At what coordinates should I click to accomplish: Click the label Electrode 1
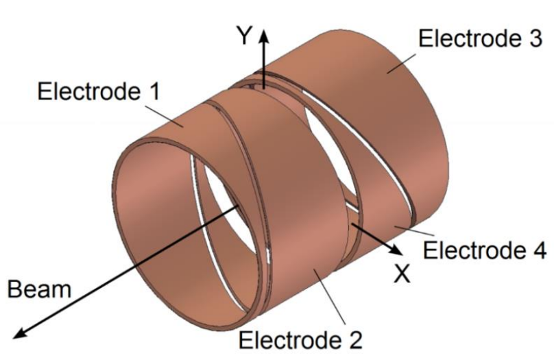coord(97,91)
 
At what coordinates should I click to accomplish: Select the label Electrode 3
coord(479,38)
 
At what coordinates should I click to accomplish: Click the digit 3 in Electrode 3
coord(534,38)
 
